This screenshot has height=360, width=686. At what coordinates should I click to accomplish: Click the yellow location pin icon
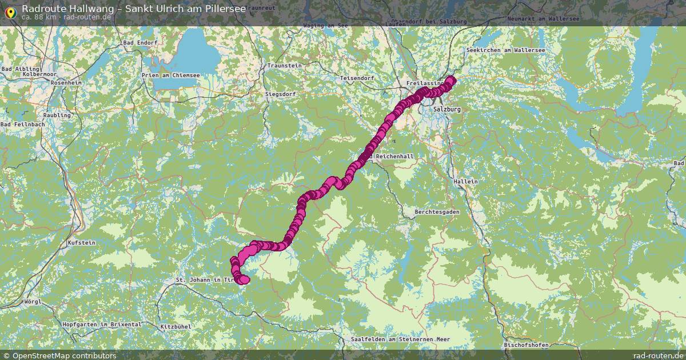point(10,11)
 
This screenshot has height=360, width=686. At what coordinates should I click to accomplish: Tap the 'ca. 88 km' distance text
point(39,17)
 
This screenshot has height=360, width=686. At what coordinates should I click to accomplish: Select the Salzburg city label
point(447,109)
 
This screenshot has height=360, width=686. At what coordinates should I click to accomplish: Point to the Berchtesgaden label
point(437,211)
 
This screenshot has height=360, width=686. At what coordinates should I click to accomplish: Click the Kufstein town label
point(81,243)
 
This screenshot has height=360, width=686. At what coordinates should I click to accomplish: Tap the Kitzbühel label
point(175,326)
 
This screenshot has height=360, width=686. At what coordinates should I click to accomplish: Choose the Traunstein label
point(284,66)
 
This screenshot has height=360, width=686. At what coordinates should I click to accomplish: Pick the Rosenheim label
point(66,83)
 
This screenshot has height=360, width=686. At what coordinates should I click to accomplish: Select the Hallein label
point(465,181)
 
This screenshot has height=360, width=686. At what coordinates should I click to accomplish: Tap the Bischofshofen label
point(527,345)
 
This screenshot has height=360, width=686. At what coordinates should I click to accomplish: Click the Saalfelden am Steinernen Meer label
point(401,339)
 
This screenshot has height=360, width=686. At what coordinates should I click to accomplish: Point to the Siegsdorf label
point(280,94)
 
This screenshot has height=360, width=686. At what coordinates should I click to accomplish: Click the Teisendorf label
point(357,78)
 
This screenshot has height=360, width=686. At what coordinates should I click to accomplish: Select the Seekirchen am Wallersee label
point(506,50)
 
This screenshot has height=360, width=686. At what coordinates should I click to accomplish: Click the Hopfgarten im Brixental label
point(102,325)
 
